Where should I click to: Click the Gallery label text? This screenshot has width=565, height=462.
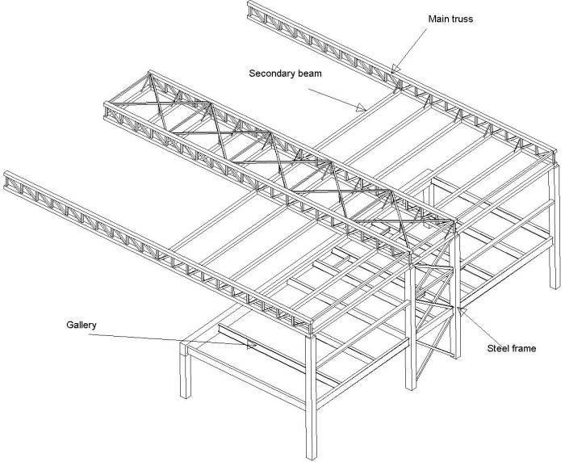81,325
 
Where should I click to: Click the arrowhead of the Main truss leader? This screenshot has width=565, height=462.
393,70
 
